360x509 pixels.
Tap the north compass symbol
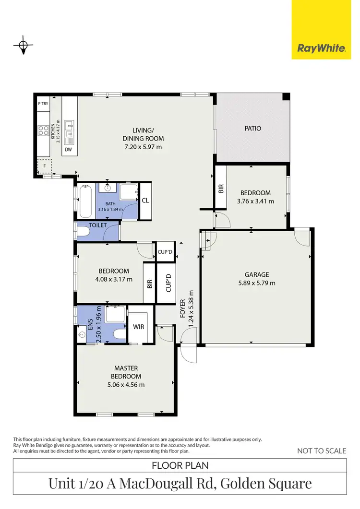tap(23, 46)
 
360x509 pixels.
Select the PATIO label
tap(252, 129)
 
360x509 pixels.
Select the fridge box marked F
tap(45, 166)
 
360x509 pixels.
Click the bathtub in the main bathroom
tap(86, 201)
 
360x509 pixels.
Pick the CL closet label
tap(145, 201)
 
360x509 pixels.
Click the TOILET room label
tap(97, 225)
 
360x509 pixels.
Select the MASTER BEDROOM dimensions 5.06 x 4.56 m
tap(126, 384)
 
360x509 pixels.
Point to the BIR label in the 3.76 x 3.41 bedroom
tap(221, 188)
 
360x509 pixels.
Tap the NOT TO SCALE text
tap(321, 450)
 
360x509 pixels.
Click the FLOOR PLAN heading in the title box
tap(180, 465)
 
